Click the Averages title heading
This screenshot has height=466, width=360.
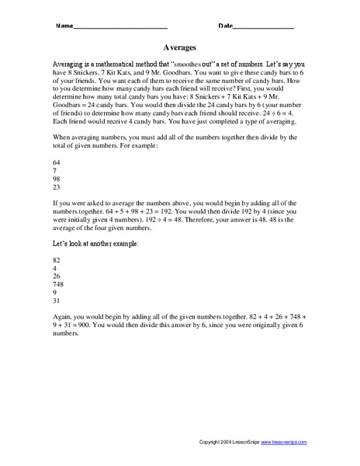180,46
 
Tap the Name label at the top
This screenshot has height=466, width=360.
64,26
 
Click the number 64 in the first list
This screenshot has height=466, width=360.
54,162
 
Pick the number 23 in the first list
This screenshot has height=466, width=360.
54,187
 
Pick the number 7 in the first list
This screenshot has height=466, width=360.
52,170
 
